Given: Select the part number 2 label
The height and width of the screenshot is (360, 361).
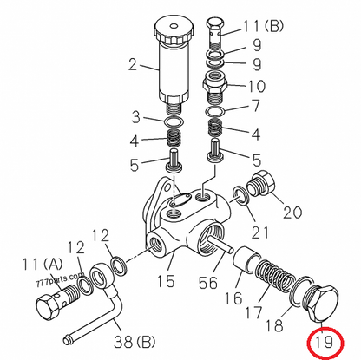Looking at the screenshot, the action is [133, 64].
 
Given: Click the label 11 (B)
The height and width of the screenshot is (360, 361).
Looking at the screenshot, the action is [262, 26].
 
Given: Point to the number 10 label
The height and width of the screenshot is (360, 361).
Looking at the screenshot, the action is [256, 86].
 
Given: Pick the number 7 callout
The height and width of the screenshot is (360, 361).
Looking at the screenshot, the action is [256, 106].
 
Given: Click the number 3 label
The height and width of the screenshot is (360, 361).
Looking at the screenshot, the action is [135, 117].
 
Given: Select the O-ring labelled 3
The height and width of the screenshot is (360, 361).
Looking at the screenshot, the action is [174, 122].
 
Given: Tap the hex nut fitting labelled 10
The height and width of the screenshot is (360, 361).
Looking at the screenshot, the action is [215, 84].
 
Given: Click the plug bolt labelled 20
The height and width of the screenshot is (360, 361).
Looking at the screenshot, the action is [260, 185].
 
